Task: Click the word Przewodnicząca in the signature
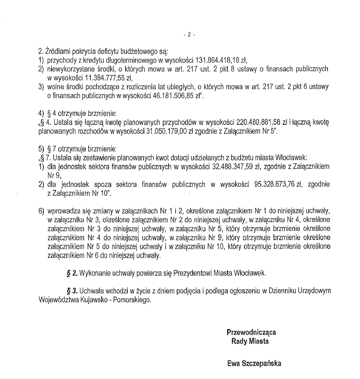tap(252, 332)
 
